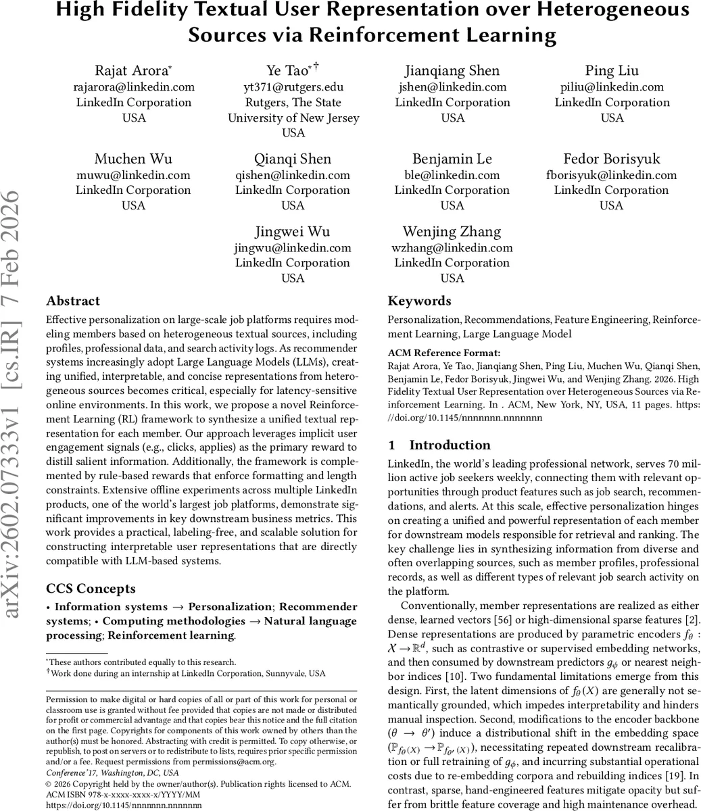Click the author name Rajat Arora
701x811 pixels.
[132, 71]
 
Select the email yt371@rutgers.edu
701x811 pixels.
[293, 87]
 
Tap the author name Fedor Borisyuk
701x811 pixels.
[612, 159]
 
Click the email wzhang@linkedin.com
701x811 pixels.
[452, 247]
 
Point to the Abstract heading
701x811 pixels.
[73, 301]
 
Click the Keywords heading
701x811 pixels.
[419, 301]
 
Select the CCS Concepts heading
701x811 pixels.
[91, 589]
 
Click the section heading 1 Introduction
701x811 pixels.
[439, 445]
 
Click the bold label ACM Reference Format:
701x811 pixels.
[444, 353]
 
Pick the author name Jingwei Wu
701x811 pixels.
[293, 232]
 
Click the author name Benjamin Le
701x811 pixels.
[452, 159]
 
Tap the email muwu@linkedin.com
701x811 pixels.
[133, 175]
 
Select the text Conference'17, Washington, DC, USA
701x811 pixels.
[112, 772]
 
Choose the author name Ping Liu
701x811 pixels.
[612, 71]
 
